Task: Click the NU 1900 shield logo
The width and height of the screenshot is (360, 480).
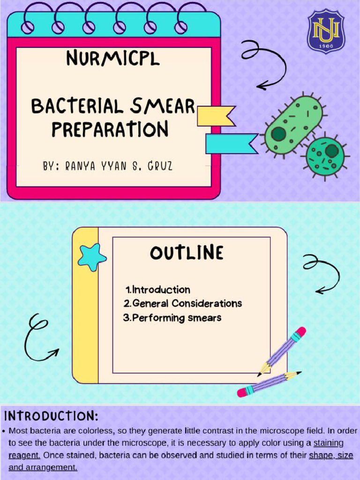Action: click(326, 31)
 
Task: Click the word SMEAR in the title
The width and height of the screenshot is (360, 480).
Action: click(162, 106)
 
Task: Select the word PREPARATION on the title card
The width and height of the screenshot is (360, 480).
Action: click(110, 129)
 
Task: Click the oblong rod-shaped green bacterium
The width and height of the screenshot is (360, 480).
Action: click(293, 124)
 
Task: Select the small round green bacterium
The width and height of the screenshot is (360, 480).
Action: click(325, 157)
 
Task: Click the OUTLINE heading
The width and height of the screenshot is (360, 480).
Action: click(187, 253)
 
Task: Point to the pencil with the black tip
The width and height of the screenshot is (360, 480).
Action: click(269, 382)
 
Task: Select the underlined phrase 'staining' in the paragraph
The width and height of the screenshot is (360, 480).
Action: click(328, 442)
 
